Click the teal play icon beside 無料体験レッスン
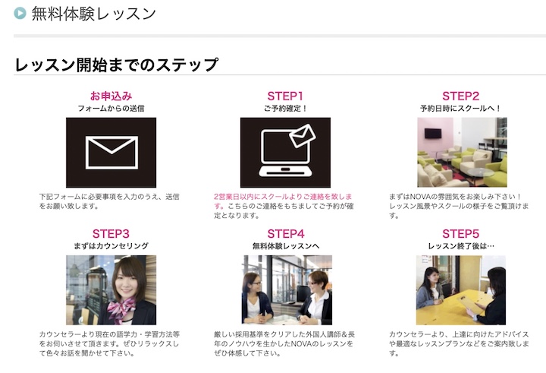20,13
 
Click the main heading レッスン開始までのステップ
117,65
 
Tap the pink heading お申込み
111,96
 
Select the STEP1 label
285,96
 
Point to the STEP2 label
461,96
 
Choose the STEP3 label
111,233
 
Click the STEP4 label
286,233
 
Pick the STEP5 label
461,233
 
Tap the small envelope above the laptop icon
303,136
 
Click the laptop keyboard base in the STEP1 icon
286,171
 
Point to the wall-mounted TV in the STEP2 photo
433,133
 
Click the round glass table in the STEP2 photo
480,172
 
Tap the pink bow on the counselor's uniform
121,308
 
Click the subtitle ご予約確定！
285,109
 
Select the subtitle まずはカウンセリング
111,246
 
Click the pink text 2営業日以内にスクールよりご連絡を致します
283,201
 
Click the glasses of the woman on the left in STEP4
255,283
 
